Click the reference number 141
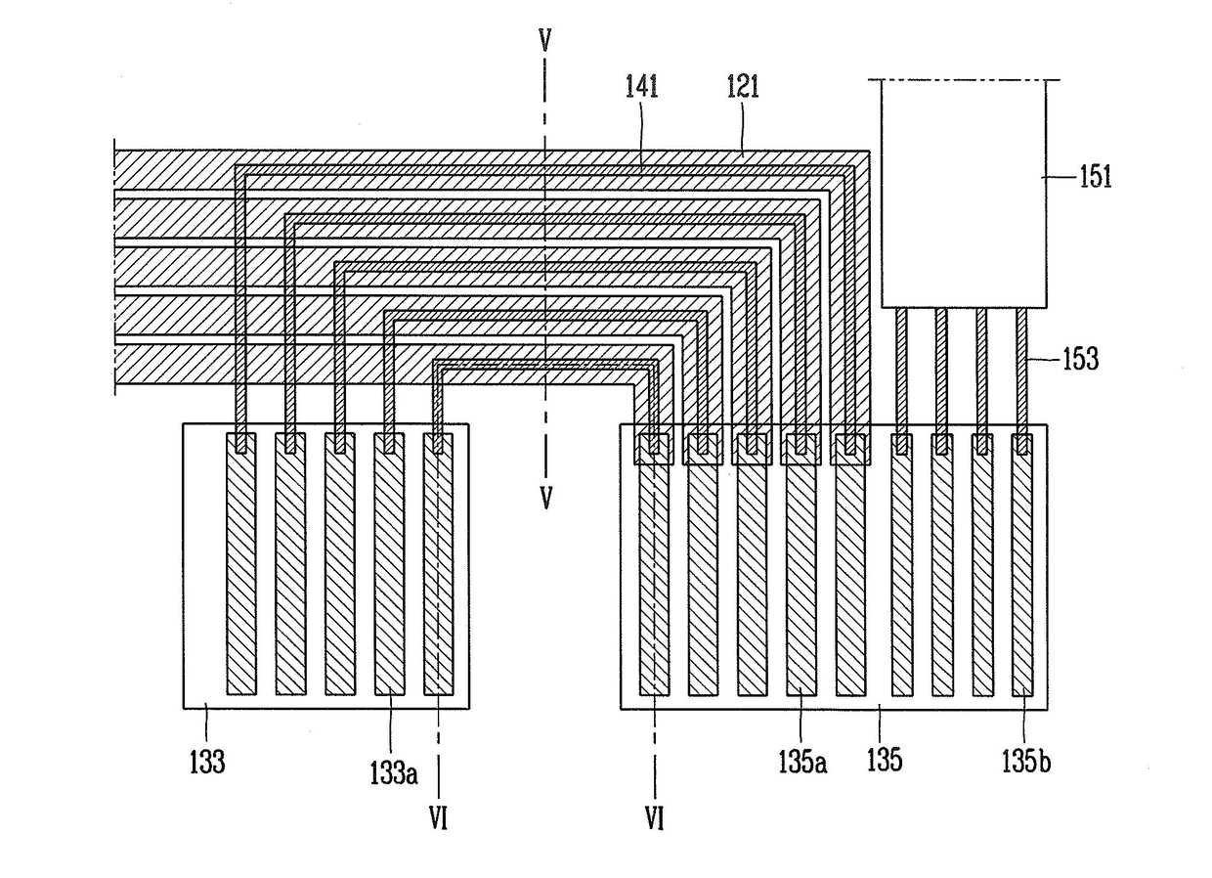pos(642,87)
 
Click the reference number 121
pos(743,87)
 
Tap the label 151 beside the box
pos(1096,176)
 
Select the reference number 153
pos(1081,359)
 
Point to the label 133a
pos(394,772)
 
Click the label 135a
pos(803,762)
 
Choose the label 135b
pos(1026,762)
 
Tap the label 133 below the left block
pos(207,762)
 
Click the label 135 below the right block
pos(885,760)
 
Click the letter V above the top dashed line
pos(544,41)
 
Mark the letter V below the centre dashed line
pos(546,498)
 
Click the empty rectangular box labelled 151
pos(964,194)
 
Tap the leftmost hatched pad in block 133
pos(241,563)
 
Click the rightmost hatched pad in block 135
pos(1022,564)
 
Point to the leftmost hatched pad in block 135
pos(654,564)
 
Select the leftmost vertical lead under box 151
pos(901,380)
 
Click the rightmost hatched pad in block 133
pos(438,563)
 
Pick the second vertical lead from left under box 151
pos(941,380)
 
